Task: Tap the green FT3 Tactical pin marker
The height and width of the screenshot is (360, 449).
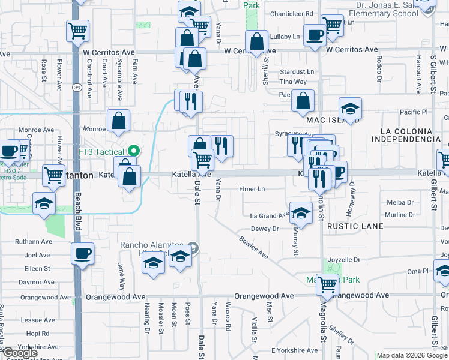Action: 134,151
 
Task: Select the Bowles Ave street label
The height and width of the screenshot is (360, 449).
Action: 253,246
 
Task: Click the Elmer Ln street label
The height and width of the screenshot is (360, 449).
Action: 252,189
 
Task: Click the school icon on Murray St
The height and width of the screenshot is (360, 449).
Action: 301,212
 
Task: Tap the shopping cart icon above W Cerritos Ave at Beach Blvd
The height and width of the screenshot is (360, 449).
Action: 77,30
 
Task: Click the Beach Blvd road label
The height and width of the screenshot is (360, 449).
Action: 78,210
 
